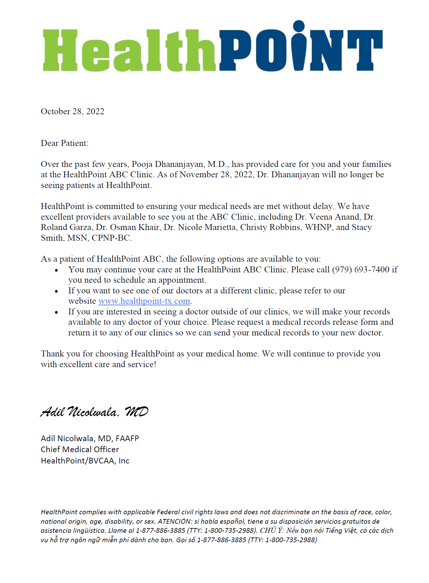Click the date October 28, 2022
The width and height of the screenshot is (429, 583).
(72, 111)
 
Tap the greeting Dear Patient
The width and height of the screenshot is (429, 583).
(64, 143)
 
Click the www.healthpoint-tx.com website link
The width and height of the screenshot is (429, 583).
(144, 301)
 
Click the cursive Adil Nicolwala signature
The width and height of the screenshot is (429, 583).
(94, 412)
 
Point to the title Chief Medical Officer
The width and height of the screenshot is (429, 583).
(80, 449)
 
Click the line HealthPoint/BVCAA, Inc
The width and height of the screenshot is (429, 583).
(85, 461)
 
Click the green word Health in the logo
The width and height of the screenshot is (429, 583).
(129, 50)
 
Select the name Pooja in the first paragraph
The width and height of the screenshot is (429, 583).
(142, 164)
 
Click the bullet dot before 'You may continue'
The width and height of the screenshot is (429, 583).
(56, 270)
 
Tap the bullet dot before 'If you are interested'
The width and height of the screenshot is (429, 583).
(56, 312)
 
